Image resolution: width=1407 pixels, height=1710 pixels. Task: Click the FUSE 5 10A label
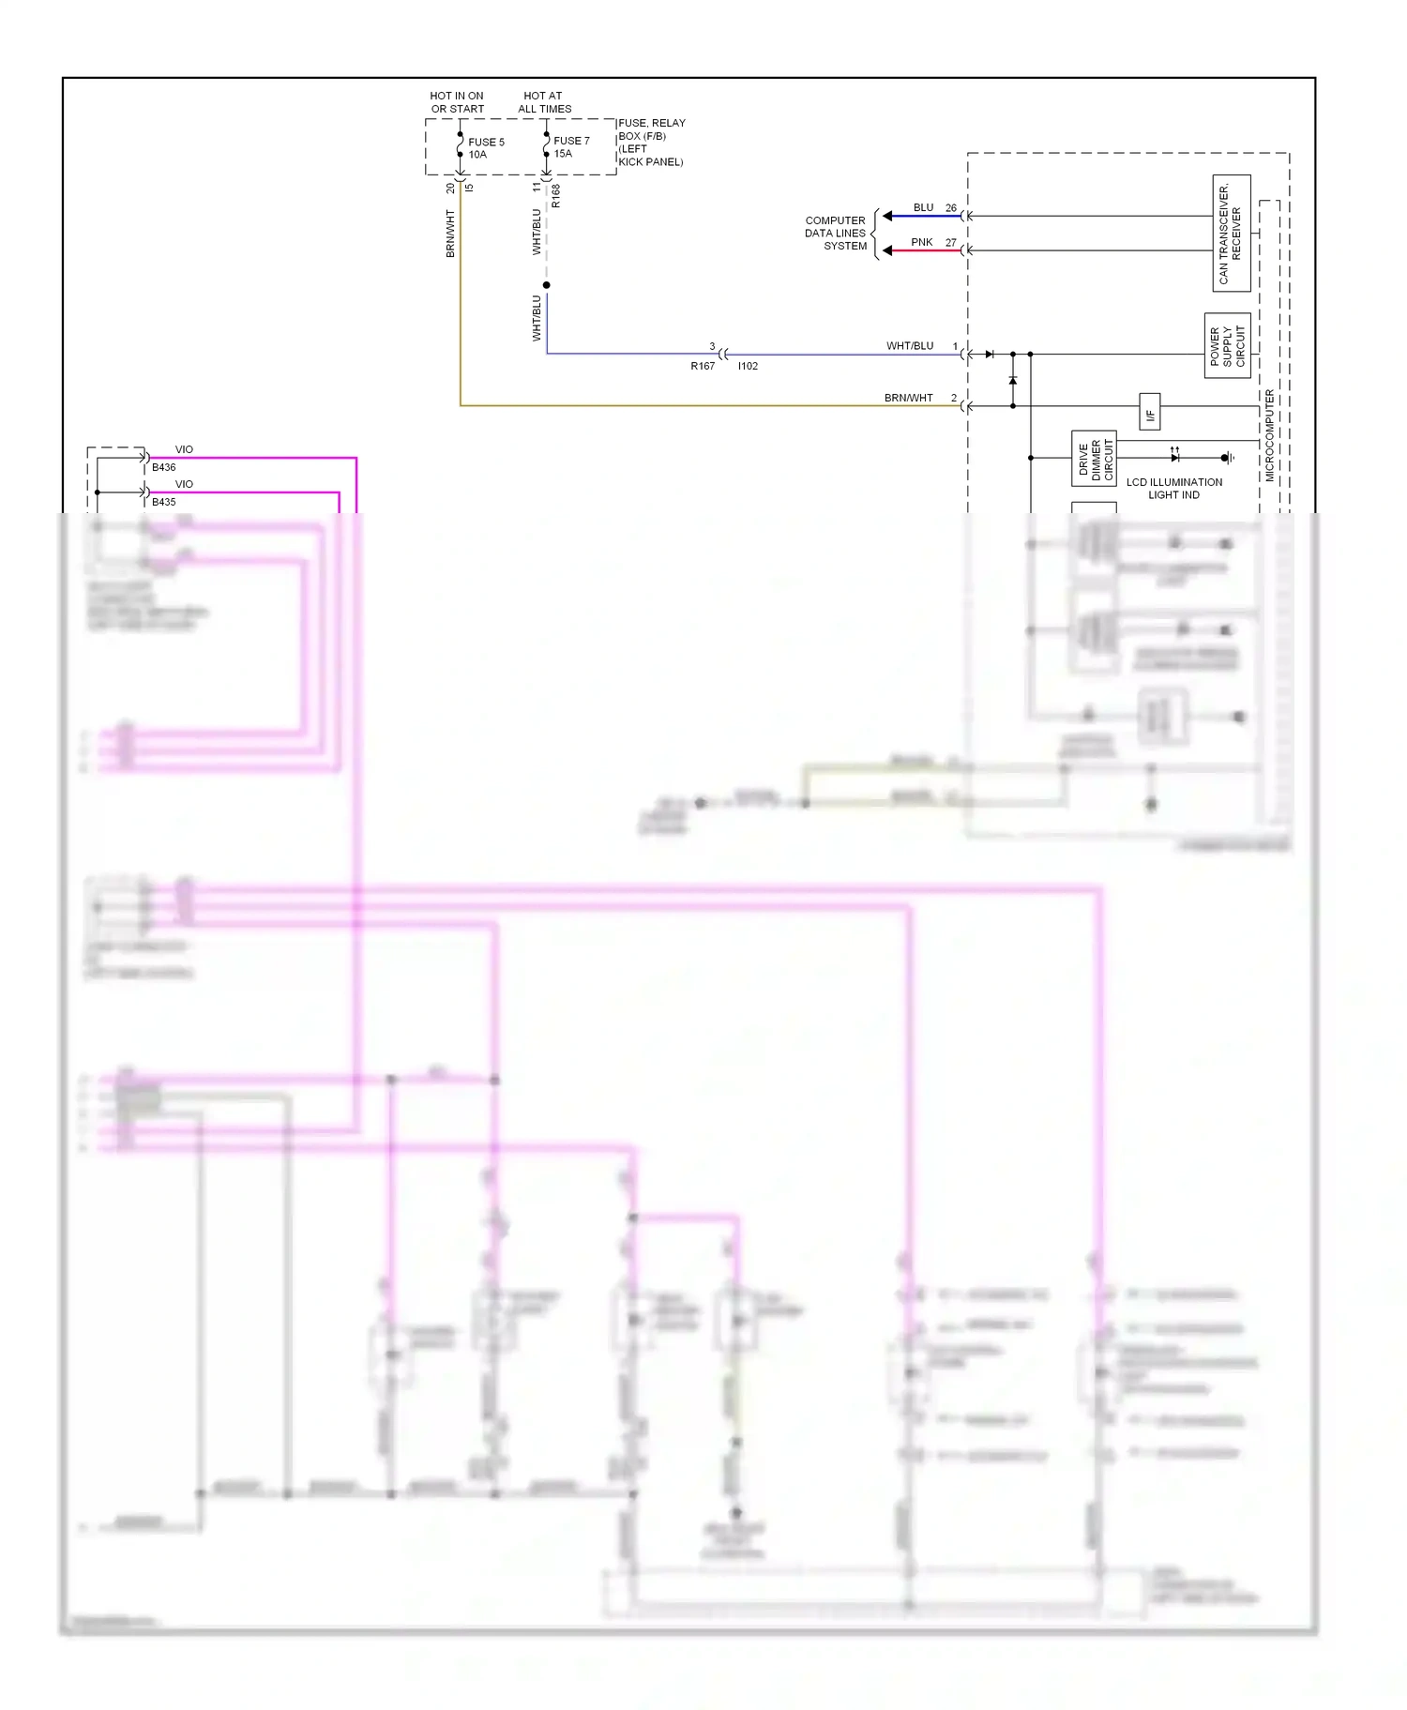486,148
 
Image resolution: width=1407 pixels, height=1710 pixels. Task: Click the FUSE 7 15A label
570,147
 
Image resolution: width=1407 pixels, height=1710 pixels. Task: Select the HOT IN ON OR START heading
457,102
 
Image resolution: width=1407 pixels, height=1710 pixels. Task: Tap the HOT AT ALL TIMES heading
544,102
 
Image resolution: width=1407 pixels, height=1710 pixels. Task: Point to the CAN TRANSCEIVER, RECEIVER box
1231,233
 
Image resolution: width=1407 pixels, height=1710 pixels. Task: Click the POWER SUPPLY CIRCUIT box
1227,346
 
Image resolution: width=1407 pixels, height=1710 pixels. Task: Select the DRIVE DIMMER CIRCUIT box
1094,459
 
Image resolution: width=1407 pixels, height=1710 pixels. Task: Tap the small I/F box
1150,412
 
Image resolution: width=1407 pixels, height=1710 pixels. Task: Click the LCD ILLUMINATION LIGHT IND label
1173,489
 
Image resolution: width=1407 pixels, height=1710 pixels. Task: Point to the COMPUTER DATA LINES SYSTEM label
835,234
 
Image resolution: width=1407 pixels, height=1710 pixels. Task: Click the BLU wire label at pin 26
923,207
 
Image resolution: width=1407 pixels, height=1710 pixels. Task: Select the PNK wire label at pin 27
922,242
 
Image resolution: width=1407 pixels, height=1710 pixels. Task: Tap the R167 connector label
703,366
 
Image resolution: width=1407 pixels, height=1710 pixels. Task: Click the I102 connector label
748,366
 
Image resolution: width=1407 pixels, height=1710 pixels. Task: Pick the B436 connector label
164,467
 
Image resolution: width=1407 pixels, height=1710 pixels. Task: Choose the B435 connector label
164,502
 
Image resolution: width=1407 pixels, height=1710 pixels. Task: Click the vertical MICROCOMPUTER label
1270,435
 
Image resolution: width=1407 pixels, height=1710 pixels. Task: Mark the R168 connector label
555,196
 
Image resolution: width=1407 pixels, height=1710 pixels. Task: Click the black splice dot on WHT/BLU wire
547,285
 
